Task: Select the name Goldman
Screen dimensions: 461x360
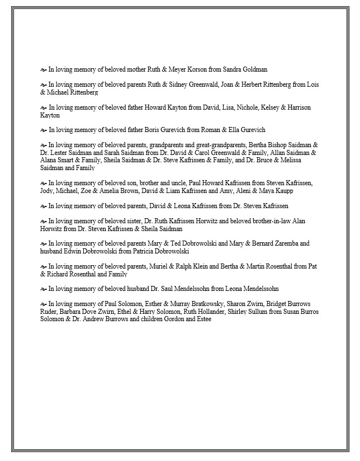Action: click(x=254, y=70)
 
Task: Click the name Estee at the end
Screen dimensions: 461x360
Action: click(x=203, y=319)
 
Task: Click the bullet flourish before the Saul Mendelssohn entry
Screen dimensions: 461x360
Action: click(x=43, y=289)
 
